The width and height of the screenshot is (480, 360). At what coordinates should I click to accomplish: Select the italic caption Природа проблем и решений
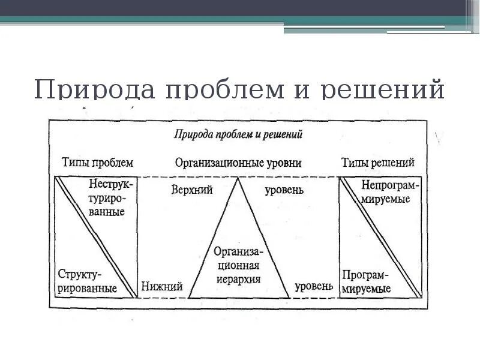(238, 134)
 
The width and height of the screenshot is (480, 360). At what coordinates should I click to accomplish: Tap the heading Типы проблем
(97, 163)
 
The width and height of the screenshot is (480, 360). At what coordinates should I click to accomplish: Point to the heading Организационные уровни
(238, 163)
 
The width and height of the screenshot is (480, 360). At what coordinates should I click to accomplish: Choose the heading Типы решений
(378, 163)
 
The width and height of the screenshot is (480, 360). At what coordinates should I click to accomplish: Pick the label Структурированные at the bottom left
(88, 281)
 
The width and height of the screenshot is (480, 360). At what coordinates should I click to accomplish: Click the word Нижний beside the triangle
(162, 287)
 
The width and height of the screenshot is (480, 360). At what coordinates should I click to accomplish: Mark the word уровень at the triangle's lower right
(313, 287)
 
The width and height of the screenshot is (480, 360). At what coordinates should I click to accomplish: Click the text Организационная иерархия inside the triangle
(238, 265)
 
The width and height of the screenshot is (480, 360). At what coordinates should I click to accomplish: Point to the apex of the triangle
(238, 178)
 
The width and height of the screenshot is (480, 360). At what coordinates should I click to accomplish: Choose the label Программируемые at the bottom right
(366, 281)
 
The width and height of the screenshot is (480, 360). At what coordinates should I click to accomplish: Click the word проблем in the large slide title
(236, 90)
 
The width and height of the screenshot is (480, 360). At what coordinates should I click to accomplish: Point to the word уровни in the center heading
(283, 163)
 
